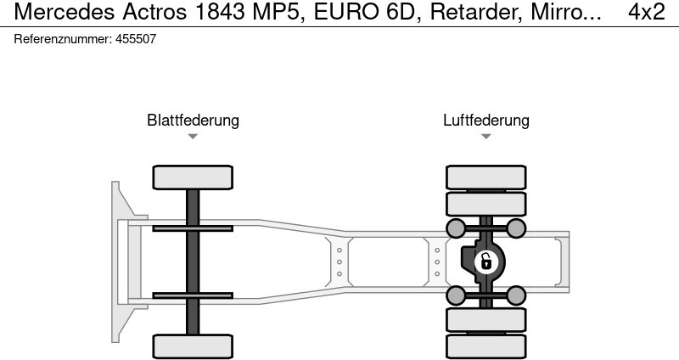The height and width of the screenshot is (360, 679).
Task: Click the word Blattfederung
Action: click(193, 120)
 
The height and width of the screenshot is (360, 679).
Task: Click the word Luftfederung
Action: click(485, 120)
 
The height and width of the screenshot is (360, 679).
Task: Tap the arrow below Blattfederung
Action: click(193, 137)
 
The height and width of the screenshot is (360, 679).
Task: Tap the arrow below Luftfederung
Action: click(485, 137)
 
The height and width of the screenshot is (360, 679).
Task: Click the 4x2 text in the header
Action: click(647, 12)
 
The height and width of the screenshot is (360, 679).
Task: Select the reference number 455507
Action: click(134, 39)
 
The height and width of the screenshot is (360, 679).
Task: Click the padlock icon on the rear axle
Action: click(485, 262)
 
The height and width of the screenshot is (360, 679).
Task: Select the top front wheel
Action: click(193, 177)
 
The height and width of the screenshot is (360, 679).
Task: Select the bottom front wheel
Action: click(193, 346)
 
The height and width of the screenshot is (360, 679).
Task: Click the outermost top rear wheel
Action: click(485, 177)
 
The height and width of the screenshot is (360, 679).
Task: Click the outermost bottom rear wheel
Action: click(485, 346)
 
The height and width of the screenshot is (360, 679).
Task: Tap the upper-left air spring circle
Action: click(456, 228)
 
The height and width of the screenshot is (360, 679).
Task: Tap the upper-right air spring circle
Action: click(516, 228)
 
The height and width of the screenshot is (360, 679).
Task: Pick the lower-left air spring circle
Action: click(456, 295)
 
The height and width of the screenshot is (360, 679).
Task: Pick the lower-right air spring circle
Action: click(516, 295)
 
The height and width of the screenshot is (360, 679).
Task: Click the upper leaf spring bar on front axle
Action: click(193, 228)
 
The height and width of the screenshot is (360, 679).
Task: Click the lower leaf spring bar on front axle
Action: click(193, 295)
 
